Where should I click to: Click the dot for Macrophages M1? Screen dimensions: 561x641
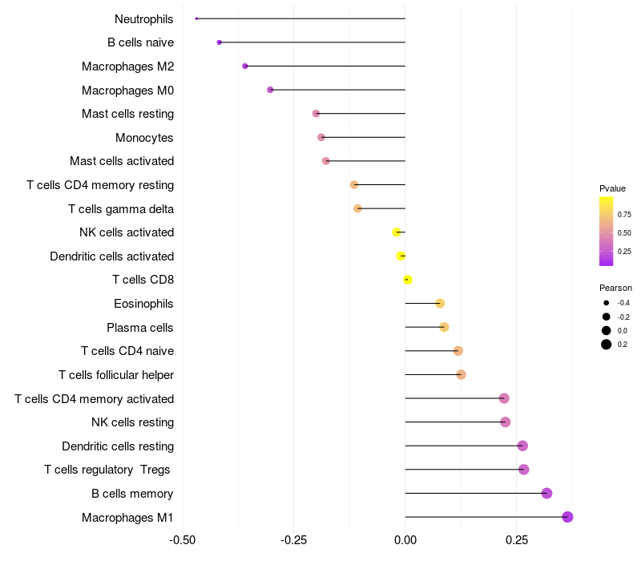tap(567, 517)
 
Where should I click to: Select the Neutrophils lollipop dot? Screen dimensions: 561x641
tap(196, 18)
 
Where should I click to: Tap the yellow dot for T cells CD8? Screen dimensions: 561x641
tap(408, 280)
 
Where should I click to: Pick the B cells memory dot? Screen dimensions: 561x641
tap(546, 493)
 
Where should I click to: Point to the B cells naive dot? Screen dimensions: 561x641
tap(220, 42)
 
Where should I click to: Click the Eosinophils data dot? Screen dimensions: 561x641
tap(440, 304)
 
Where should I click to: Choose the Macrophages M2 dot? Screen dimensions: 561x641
tap(245, 66)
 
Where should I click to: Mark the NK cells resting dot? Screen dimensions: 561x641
tap(505, 422)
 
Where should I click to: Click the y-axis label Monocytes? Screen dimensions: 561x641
tap(144, 138)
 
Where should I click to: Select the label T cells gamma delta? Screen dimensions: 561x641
tap(121, 209)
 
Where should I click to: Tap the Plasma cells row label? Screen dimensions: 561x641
tap(140, 328)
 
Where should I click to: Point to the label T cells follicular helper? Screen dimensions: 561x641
tap(116, 375)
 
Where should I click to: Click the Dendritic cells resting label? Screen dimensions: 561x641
tap(118, 446)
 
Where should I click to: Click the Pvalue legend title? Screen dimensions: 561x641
tap(612, 188)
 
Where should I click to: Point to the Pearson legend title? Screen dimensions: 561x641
tap(615, 288)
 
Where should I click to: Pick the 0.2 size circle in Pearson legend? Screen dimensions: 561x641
tap(607, 345)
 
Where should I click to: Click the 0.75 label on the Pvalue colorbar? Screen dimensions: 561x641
tap(624, 215)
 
